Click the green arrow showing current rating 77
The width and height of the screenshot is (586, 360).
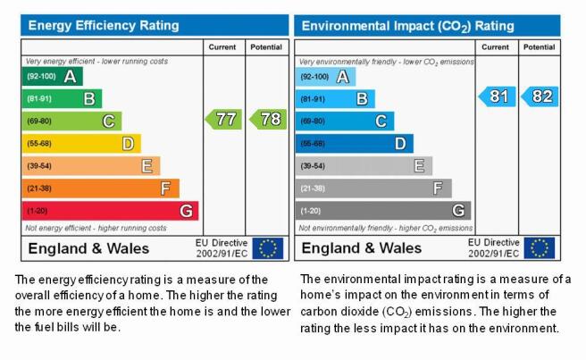point(223,119)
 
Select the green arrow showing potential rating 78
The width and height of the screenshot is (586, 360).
point(268,119)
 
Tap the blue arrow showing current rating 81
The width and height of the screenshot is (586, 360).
point(497,96)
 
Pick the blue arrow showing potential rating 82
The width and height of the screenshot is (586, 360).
point(540,96)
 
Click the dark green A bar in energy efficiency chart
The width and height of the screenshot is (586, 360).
point(53,76)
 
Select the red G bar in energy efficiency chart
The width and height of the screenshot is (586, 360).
point(110,211)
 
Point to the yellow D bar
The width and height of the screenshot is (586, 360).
point(81,144)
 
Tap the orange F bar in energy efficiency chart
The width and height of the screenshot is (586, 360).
point(101,188)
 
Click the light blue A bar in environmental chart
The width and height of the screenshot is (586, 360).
point(325,77)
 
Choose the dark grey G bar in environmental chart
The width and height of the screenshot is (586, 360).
point(383,211)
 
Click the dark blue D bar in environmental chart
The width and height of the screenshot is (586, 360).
point(355,144)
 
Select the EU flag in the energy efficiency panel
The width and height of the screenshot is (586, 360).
point(268,248)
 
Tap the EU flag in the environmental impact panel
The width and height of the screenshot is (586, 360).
point(540,248)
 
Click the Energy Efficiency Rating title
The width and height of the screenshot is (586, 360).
point(104,25)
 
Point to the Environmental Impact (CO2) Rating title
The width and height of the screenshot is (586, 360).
point(407,26)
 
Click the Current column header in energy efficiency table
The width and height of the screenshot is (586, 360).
point(222,47)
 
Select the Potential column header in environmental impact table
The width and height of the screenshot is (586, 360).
point(540,47)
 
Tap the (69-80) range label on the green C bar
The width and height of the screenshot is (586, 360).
point(39,121)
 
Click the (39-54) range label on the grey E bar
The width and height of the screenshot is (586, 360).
point(313,166)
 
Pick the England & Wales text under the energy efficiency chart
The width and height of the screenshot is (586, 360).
point(88,248)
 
